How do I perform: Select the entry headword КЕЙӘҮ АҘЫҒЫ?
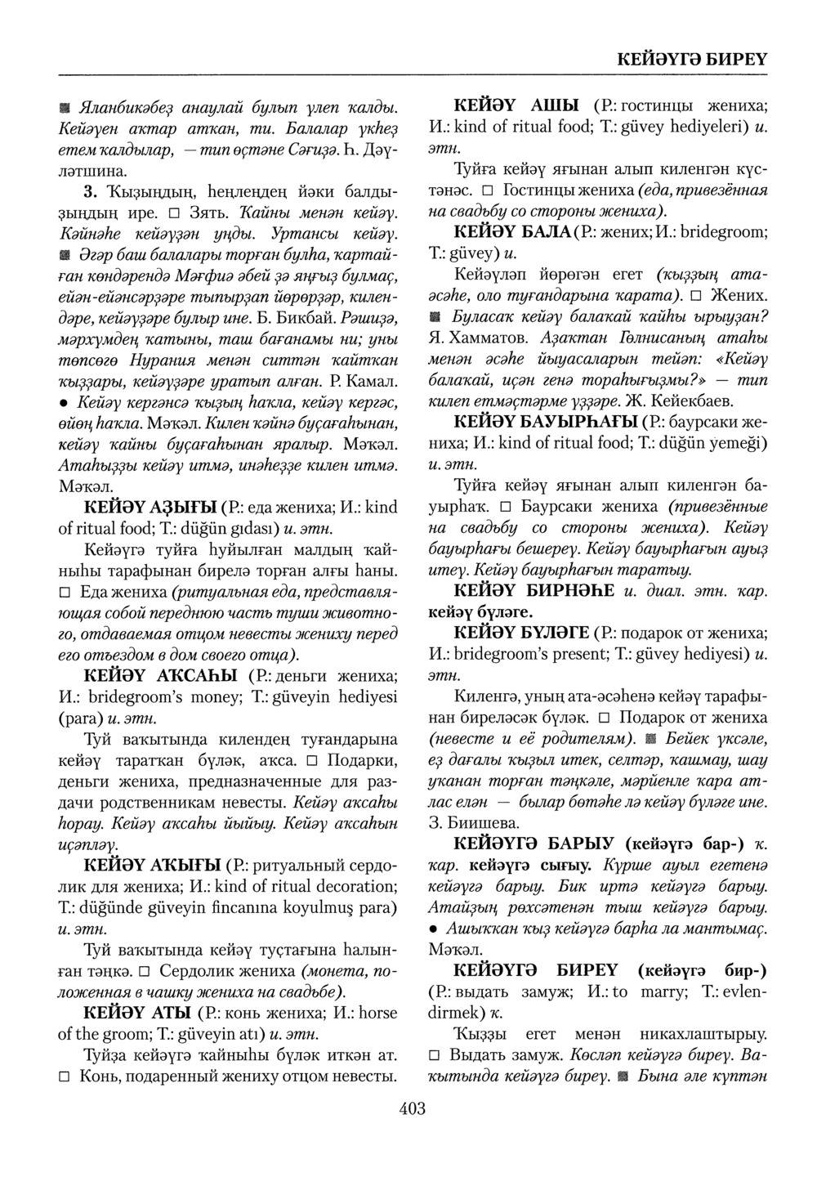click(x=150, y=507)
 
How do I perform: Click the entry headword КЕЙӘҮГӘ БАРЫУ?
click(x=535, y=843)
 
